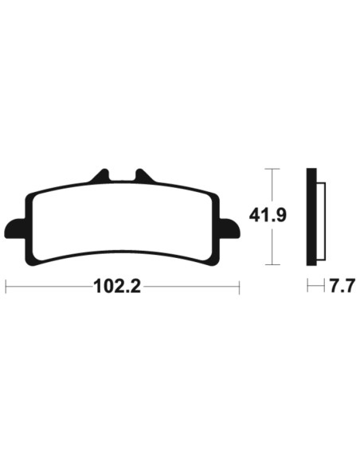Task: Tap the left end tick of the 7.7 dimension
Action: tap(308, 286)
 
